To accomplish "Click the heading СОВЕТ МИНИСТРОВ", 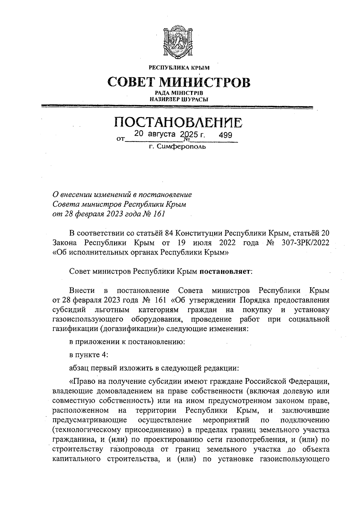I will tap(179, 82).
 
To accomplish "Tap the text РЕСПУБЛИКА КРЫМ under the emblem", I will tap(179, 68).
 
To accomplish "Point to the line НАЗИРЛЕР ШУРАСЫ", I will tap(179, 99).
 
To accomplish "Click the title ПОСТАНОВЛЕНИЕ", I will tap(179, 123).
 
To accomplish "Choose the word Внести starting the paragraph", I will tap(82, 290).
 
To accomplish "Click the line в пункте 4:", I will tap(88, 355).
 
